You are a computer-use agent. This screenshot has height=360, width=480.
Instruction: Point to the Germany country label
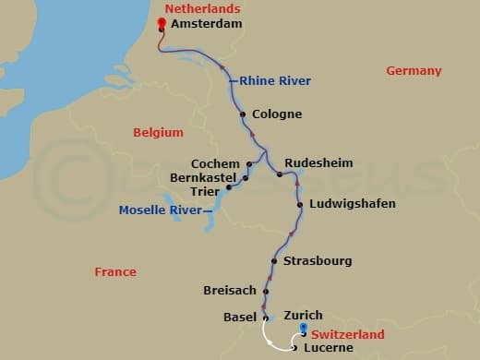point(414,71)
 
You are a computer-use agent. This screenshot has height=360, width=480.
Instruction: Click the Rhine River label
point(275,81)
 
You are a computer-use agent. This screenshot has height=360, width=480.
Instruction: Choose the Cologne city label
point(277,114)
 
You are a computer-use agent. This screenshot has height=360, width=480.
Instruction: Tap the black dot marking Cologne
point(243,114)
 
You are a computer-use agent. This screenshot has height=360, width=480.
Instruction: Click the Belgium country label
point(158,133)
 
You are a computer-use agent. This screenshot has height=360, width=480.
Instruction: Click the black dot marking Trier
point(227,192)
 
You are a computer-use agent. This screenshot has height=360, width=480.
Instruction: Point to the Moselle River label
point(162,210)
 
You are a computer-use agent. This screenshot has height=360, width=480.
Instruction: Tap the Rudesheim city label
point(318,162)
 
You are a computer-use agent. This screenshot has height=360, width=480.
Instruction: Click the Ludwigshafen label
point(353,203)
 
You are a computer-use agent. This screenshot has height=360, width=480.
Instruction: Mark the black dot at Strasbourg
point(275,260)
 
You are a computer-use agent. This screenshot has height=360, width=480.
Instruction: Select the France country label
point(115,271)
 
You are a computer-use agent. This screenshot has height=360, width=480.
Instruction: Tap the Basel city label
point(240,317)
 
